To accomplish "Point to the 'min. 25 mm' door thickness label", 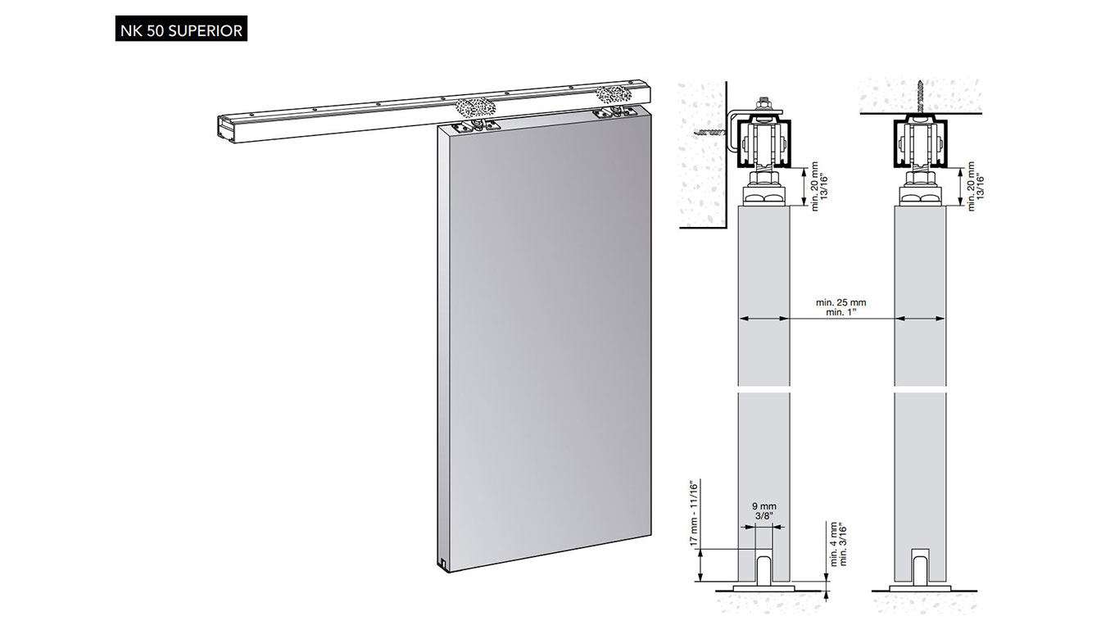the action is tap(841, 302).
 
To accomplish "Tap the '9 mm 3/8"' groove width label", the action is tap(764, 510).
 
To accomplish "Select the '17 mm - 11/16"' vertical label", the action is tap(694, 512).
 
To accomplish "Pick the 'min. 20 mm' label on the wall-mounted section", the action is tap(815, 186).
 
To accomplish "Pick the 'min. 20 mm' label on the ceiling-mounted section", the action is tap(971, 186).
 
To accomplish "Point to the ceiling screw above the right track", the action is tap(920, 97).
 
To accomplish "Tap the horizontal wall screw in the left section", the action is tap(709, 132).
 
